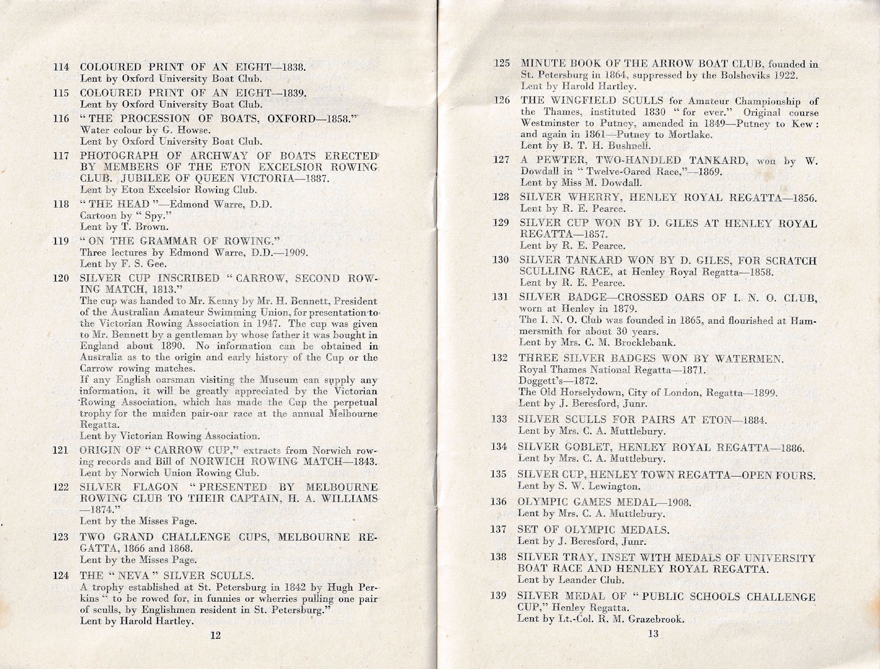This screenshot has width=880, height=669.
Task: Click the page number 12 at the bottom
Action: (215, 635)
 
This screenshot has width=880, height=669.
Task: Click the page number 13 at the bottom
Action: (653, 634)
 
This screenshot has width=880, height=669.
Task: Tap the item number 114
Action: (61, 67)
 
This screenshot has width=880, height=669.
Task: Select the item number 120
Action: (61, 278)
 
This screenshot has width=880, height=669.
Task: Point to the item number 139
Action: (498, 596)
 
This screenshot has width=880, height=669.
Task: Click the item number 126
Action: (502, 100)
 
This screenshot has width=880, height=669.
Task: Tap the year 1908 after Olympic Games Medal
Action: (679, 502)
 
